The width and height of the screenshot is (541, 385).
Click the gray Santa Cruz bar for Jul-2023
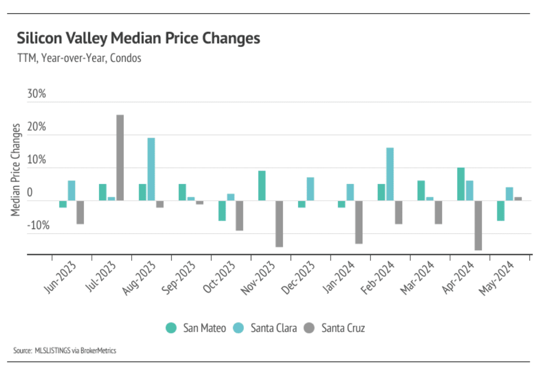pyautogui.click(x=120, y=157)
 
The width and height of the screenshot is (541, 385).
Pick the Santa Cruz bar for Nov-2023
pyautogui.click(x=279, y=224)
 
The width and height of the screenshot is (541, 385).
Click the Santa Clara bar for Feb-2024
pyautogui.click(x=390, y=174)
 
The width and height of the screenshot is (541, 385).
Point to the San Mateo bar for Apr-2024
pyautogui.click(x=461, y=184)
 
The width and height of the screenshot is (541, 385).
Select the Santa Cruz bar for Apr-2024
pyautogui.click(x=478, y=225)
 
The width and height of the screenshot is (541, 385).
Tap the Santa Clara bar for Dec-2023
pyautogui.click(x=310, y=189)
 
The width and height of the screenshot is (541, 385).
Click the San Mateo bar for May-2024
pyautogui.click(x=501, y=211)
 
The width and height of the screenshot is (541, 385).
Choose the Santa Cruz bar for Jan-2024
pyautogui.click(x=359, y=222)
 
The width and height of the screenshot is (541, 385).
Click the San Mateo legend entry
pyautogui.click(x=196, y=328)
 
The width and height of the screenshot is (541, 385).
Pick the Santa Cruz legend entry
pyautogui.click(x=335, y=328)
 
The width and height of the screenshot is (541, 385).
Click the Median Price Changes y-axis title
pyautogui.click(x=16, y=169)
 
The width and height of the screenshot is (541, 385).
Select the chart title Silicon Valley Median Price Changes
pyautogui.click(x=138, y=38)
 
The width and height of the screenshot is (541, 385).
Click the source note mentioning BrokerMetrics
pyautogui.click(x=65, y=351)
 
